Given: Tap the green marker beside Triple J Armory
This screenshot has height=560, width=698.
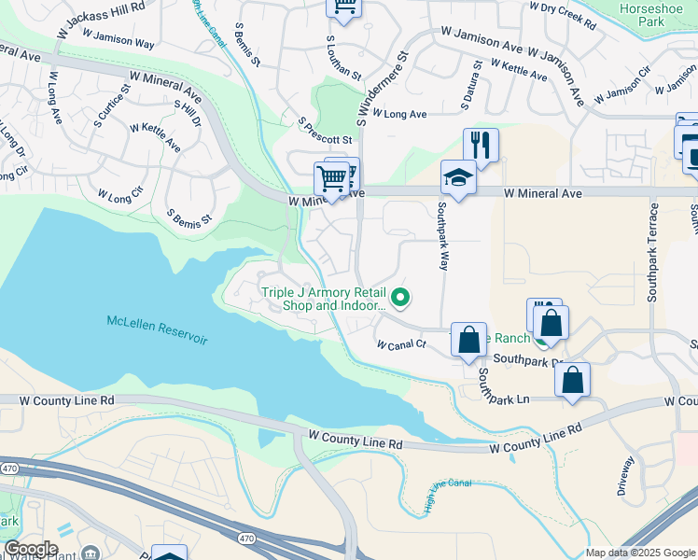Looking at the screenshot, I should pos(401,298).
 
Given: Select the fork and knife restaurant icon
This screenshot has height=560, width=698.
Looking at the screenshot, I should pos(481,145).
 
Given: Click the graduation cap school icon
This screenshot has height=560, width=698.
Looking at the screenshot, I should pos(459,176).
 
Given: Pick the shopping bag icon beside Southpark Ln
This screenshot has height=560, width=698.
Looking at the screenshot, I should pos(572,380).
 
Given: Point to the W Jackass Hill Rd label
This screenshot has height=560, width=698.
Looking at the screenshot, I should pos(101,19).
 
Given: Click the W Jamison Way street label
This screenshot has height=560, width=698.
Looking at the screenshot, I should pos(118,38).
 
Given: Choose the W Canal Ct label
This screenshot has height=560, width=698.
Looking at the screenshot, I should pos(401,344).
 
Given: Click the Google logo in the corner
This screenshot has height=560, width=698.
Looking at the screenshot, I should pos(31,549).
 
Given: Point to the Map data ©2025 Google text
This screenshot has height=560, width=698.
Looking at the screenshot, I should pos(640,553).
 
